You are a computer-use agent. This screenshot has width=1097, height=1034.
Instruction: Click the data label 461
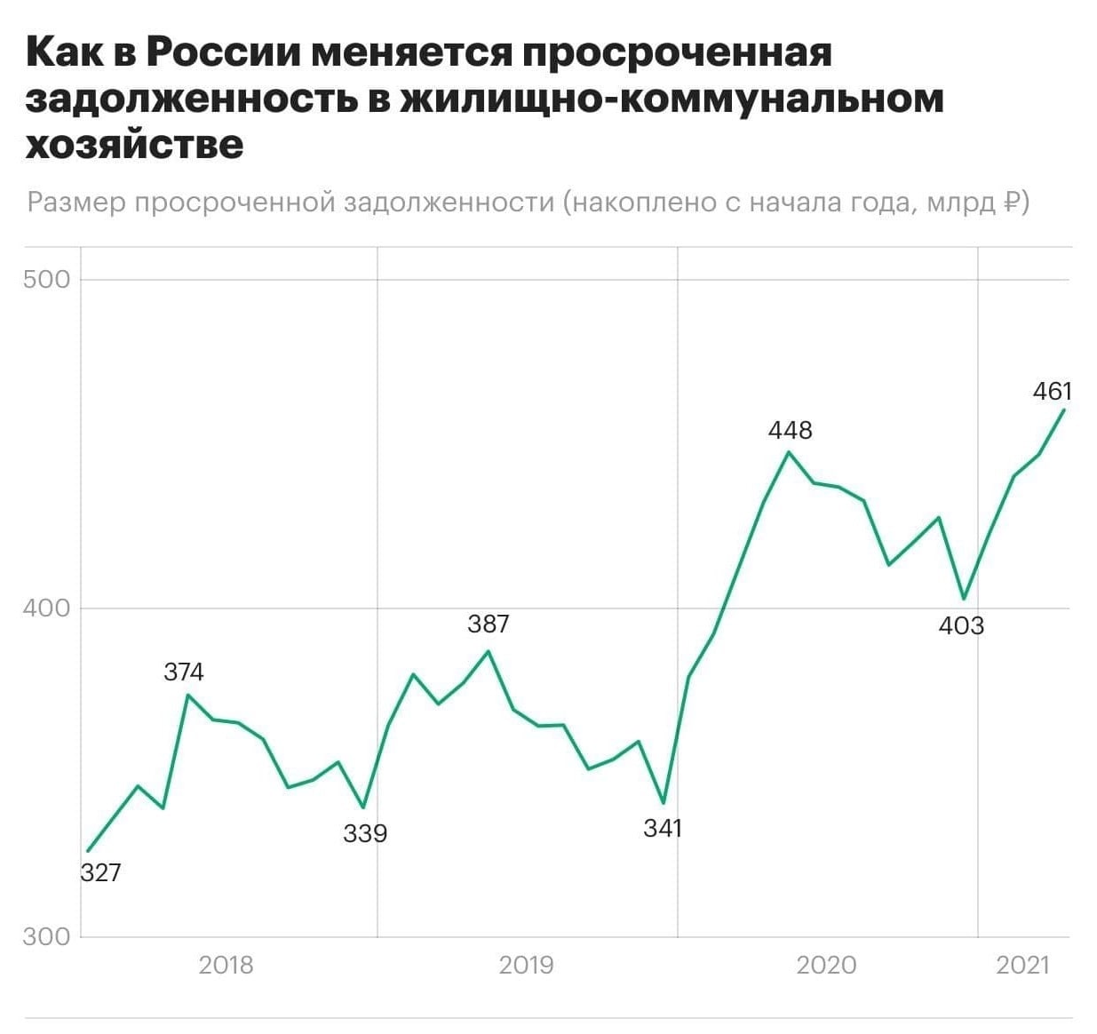pos(1053,391)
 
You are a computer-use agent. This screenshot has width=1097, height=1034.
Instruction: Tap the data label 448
pos(790,430)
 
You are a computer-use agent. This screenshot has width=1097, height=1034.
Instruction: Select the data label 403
pos(961,626)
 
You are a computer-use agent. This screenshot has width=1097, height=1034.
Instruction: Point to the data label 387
pos(489,624)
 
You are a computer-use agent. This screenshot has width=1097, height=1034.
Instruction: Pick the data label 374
pos(184,672)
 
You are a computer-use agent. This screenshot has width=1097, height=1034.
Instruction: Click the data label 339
pos(365,833)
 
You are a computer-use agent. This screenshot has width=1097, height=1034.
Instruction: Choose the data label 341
pos(663,828)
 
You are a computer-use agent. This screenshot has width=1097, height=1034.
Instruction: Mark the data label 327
pos(100,872)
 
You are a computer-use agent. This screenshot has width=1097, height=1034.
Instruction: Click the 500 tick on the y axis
pos(46,280)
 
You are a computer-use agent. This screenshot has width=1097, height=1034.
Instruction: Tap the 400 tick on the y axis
pos(46,608)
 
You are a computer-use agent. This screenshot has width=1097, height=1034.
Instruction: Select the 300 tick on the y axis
pos(46,936)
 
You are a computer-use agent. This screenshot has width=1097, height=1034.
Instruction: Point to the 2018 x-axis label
pos(226,965)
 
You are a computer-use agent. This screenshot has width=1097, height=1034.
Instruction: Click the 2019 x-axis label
pos(526,965)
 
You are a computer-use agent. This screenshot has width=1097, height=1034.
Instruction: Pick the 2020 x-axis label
pos(826,965)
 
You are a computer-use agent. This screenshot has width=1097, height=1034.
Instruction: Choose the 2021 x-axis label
pos(1023,965)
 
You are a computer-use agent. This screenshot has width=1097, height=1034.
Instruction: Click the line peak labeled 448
pos(788,452)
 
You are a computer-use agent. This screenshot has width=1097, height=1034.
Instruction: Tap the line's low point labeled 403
pos(964,599)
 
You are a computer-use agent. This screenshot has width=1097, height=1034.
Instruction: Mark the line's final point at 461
pos(1064,410)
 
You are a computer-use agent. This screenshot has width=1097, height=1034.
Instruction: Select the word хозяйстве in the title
pos(134,144)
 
